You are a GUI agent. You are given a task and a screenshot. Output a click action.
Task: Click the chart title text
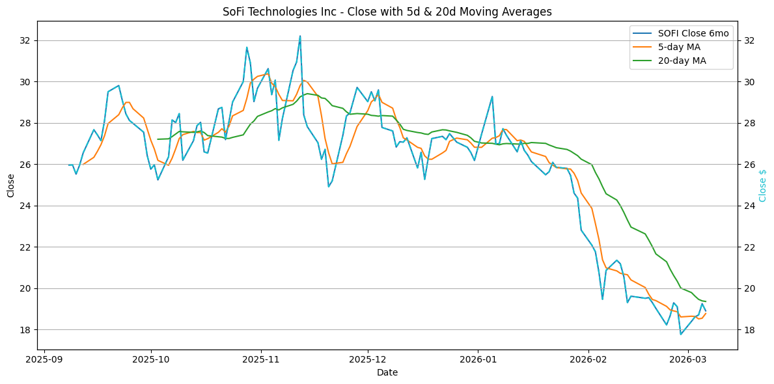pos(387,12)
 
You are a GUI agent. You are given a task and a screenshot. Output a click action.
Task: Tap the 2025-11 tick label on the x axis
pos(261,359)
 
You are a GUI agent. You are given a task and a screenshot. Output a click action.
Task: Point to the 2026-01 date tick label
pos(478,359)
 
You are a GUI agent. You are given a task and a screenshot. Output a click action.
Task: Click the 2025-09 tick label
pos(44,359)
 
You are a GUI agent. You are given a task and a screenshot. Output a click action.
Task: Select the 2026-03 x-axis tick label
pos(689,359)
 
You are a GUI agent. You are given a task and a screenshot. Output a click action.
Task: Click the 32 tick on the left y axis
pos(26,40)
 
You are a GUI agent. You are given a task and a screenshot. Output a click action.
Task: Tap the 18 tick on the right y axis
pos(748,330)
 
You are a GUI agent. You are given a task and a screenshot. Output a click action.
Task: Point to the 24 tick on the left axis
pos(26,206)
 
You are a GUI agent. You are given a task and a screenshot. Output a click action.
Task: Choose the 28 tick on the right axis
pos(748,123)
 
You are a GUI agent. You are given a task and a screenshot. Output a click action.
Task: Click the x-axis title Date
pos(387,372)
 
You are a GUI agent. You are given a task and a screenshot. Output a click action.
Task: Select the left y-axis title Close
pos(11,185)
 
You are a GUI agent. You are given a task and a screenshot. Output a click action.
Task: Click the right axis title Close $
pos(763,185)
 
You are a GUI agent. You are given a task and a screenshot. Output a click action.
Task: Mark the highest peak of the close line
pos(300,36)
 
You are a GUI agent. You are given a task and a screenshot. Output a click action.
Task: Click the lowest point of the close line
pos(681,335)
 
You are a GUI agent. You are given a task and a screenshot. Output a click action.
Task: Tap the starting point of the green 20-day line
pos(158,139)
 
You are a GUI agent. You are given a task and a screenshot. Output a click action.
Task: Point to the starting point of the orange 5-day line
pos(83,164)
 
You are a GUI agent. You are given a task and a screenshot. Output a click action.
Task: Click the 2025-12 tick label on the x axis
pos(368,359)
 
